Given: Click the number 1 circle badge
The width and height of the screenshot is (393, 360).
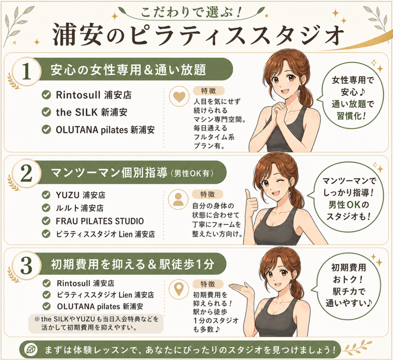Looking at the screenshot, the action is click(26, 71).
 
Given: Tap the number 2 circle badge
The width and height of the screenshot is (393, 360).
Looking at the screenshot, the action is click(26, 174).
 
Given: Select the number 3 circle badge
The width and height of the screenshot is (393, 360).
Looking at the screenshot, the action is click(26, 265).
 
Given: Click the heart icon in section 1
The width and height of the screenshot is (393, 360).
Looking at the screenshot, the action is click(179, 97).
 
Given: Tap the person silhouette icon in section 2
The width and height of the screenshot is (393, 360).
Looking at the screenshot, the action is click(178, 199).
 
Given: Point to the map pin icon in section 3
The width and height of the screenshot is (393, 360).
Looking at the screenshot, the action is click(179, 289).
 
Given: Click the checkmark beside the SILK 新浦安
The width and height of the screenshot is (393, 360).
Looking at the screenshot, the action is click(46, 112).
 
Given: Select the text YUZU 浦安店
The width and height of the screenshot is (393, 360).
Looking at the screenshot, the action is click(81, 195).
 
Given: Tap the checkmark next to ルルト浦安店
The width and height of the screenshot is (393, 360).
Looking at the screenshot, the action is click(46, 207).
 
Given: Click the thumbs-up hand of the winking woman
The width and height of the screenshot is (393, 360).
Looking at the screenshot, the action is click(251, 203).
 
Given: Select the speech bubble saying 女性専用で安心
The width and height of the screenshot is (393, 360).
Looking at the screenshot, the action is click(352, 98).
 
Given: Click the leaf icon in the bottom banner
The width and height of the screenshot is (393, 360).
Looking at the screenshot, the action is click(32, 350).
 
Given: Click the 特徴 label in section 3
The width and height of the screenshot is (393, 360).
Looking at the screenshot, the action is click(208, 284).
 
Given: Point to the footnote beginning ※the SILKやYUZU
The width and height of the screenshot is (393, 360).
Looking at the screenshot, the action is click(96, 323).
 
